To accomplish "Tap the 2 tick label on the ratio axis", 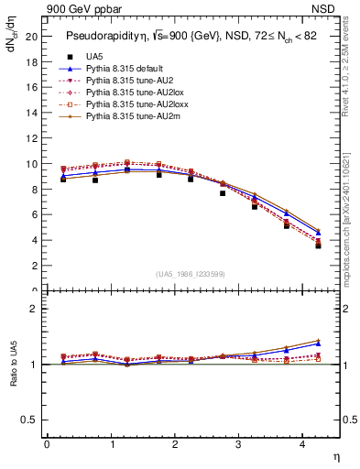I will tap(34, 309).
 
